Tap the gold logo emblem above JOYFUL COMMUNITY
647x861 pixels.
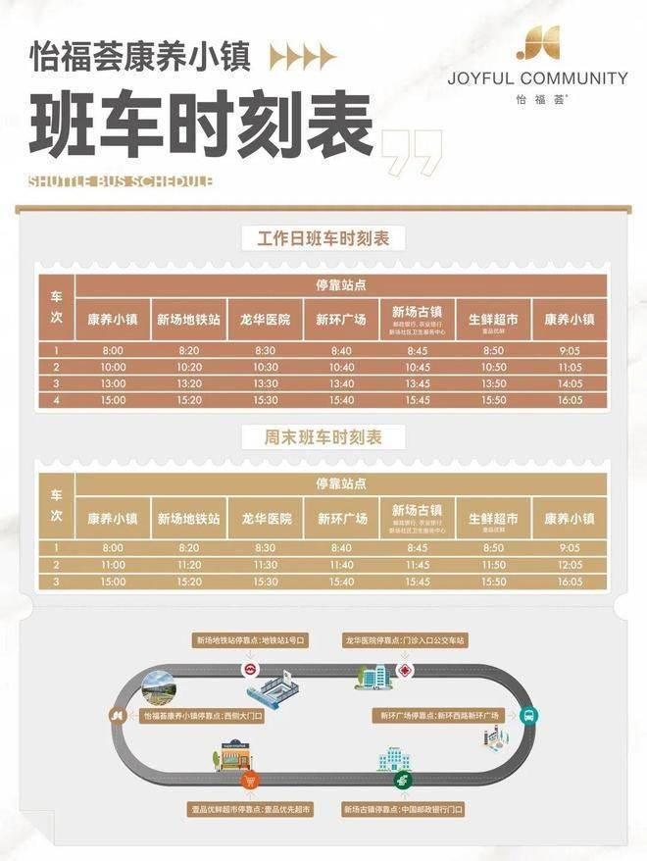tap(537, 44)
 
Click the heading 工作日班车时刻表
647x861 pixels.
tap(323, 238)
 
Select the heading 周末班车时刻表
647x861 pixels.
tap(323, 438)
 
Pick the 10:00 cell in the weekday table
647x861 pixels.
tap(113, 367)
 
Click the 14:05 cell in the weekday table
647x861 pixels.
tap(570, 383)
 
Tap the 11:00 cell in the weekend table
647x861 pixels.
tap(113, 566)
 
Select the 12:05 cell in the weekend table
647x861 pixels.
tap(570, 566)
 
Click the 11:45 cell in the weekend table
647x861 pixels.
tap(418, 566)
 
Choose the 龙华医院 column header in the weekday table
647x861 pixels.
tap(265, 320)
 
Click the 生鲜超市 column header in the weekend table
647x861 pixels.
tap(493, 519)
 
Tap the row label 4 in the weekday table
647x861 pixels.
tap(57, 400)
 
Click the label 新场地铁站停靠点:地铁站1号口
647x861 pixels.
tap(251, 640)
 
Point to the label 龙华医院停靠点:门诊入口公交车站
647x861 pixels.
tap(405, 640)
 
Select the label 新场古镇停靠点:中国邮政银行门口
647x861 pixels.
tap(404, 811)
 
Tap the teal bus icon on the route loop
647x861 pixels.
tap(527, 715)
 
